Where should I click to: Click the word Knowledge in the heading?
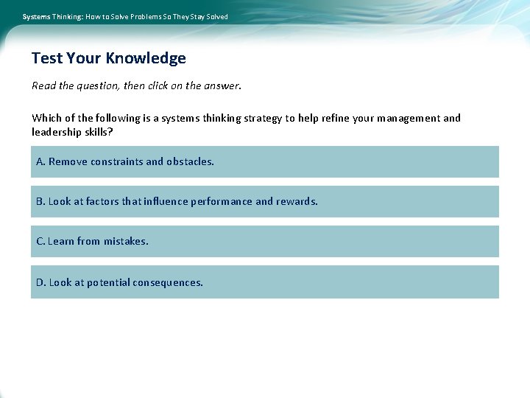pyautogui.click(x=146, y=58)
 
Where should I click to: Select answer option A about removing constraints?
pyautogui.click(x=264, y=161)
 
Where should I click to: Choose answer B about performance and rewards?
pyautogui.click(x=264, y=201)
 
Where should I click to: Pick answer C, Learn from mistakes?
pyautogui.click(x=264, y=241)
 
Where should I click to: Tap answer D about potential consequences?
pyautogui.click(x=264, y=282)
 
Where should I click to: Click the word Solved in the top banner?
pyautogui.click(x=216, y=16)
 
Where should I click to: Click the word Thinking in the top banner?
pyautogui.click(x=67, y=16)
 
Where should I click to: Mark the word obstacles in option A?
pyautogui.click(x=190, y=161)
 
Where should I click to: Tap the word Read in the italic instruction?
pyautogui.click(x=43, y=85)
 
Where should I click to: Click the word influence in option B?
pyautogui.click(x=167, y=201)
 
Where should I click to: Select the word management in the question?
pyautogui.click(x=407, y=118)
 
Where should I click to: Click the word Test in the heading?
pyautogui.click(x=47, y=58)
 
